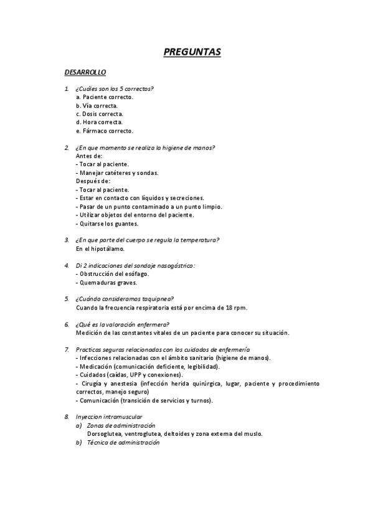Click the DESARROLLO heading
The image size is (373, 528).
coord(85,73)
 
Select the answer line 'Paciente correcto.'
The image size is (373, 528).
coord(105,97)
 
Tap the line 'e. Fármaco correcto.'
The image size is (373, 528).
coord(104,131)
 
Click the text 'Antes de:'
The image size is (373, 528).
coord(89,156)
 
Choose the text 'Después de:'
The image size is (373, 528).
coord(93,181)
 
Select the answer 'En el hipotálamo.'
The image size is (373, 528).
coord(100,248)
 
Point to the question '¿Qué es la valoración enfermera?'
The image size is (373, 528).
coord(123,324)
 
